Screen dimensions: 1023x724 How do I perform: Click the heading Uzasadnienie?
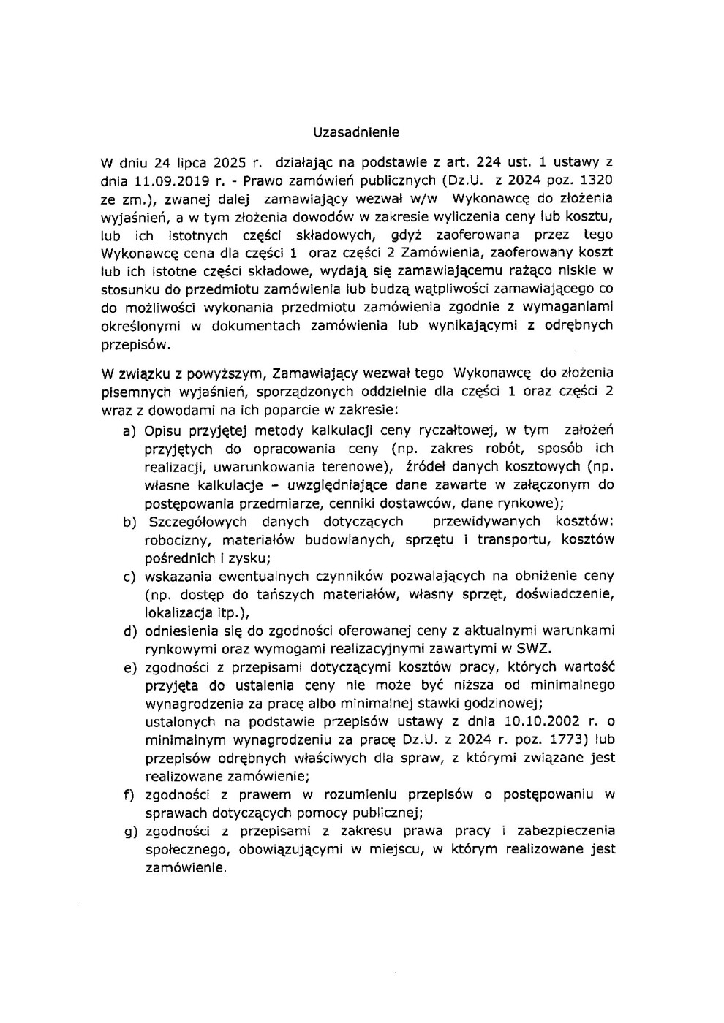pyautogui.click(x=356, y=132)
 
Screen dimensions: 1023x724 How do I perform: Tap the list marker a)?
pyautogui.click(x=130, y=430)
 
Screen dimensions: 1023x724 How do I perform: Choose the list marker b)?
pyautogui.click(x=130, y=522)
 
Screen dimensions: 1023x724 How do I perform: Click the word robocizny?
pyautogui.click(x=177, y=540)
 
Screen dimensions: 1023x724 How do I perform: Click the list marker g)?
pyautogui.click(x=130, y=831)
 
